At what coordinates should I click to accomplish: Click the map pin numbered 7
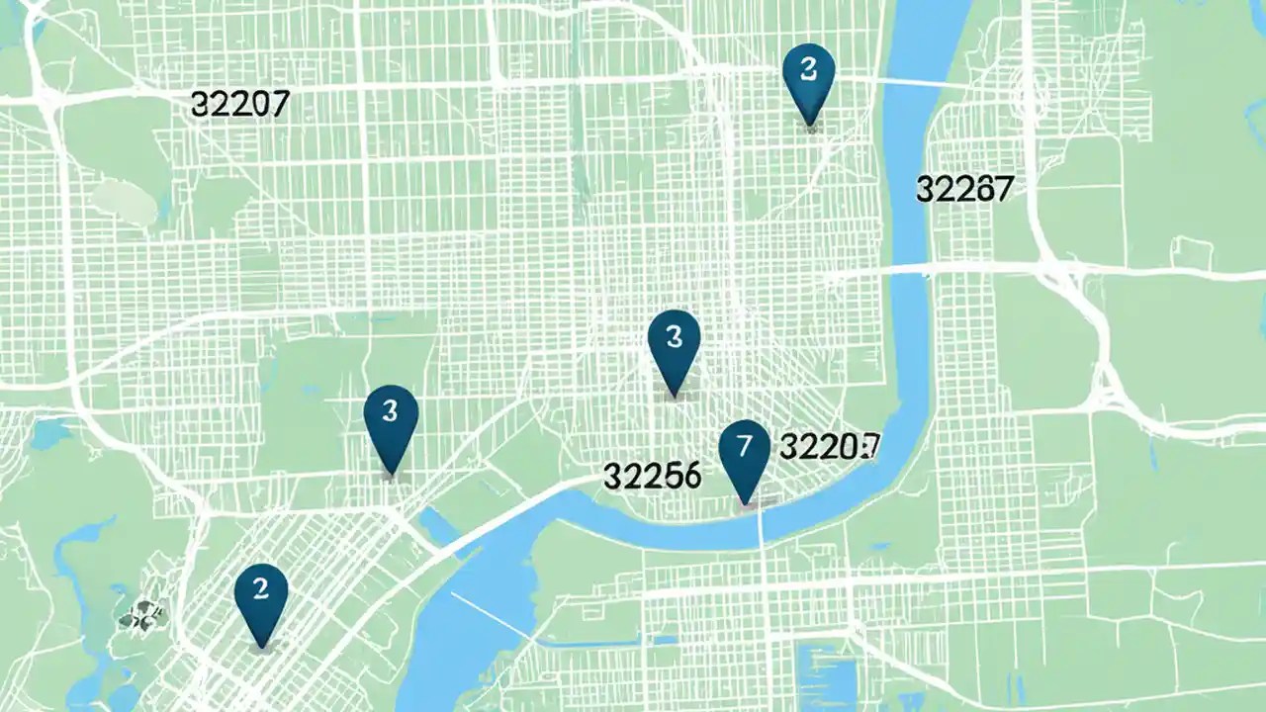pyautogui.click(x=744, y=451)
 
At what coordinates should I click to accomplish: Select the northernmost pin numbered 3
pyautogui.click(x=808, y=75)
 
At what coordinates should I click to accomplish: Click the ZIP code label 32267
pyautogui.click(x=964, y=188)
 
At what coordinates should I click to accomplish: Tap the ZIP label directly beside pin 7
pyautogui.click(x=830, y=446)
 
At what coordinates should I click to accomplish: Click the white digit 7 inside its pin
pyautogui.click(x=744, y=443)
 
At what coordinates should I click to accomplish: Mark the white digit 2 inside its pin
pyautogui.click(x=261, y=589)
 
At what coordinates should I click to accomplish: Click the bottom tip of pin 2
pyautogui.click(x=261, y=648)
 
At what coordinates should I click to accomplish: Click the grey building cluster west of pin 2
pyautogui.click(x=141, y=616)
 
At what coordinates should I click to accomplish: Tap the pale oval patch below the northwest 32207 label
pyautogui.click(x=126, y=204)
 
